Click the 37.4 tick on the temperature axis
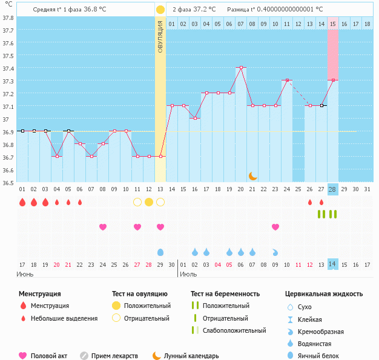8,68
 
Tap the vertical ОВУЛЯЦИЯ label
160,36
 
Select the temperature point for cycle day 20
241,68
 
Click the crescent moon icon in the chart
252,175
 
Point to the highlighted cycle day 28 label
332,189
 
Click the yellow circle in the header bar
160,10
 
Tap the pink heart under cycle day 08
103,227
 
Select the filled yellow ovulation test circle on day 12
149,202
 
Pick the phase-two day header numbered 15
333,24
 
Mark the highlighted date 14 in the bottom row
332,264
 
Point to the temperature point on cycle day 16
195,119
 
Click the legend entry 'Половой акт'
50,356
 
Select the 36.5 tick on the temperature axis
8,182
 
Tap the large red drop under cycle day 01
22,202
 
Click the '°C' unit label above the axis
8,4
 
